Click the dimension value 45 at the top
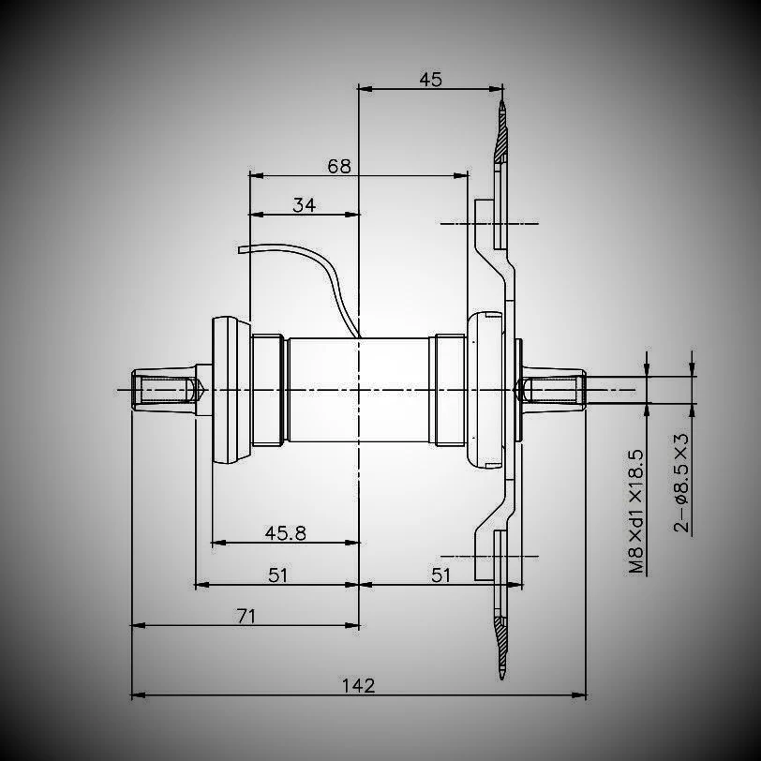(430, 79)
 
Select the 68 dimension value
(339, 166)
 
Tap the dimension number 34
(304, 205)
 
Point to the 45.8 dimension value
(286, 532)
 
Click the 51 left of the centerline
(277, 574)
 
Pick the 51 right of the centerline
(441, 574)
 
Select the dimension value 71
(246, 616)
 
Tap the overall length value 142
(358, 685)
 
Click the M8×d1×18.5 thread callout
(637, 511)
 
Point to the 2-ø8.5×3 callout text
(682, 483)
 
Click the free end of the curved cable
(241, 250)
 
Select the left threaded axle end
(164, 388)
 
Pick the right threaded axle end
(553, 388)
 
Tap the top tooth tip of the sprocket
(502, 106)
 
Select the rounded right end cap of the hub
(487, 388)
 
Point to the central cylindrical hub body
(360, 388)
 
